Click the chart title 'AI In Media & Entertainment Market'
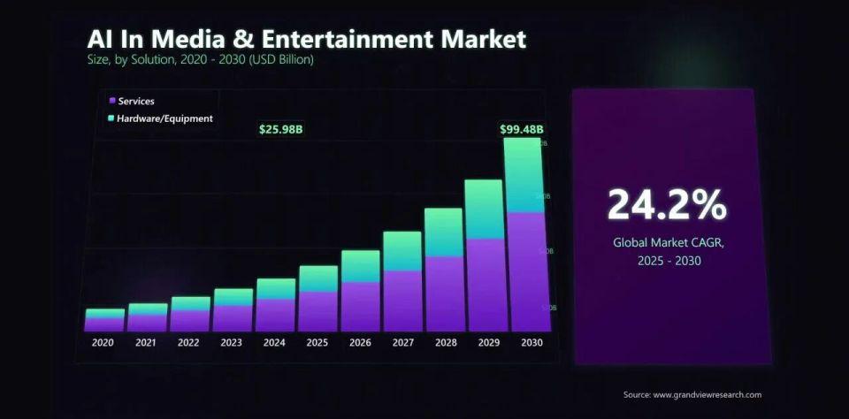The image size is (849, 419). tap(306, 39)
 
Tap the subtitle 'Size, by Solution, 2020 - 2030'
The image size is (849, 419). tap(200, 60)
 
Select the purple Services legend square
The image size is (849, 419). tap(111, 101)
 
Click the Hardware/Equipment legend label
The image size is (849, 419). tap(165, 118)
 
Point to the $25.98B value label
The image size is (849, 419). tap(281, 129)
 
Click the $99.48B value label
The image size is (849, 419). tap(522, 129)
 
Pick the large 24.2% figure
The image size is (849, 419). tap(667, 205)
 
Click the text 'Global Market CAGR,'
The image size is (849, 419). tap(668, 241)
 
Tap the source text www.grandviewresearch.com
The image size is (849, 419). tap(692, 394)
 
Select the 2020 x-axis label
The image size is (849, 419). tap(103, 342)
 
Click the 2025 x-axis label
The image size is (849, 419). tap(317, 342)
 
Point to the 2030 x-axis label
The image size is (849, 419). tap(532, 342)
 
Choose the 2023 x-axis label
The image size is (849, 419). tap(232, 342)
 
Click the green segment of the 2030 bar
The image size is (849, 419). tap(523, 175)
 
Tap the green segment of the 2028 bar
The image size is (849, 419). tap(443, 232)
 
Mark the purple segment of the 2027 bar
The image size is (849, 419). tap(402, 301)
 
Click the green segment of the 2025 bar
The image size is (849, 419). tap(318, 278)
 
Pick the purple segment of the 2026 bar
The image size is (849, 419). tap(360, 306)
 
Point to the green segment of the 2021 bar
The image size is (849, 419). tap(148, 309)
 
